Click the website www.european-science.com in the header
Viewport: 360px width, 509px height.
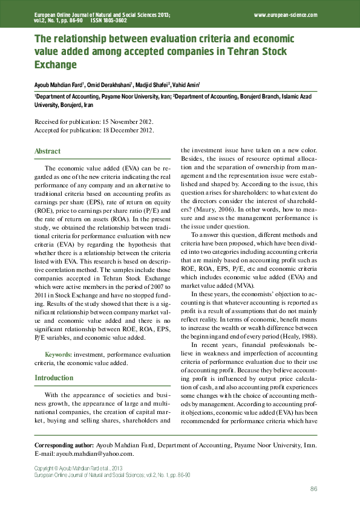click(x=286, y=14)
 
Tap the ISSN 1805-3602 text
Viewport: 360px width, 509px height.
click(x=108, y=20)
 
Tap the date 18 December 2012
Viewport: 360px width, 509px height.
click(x=126, y=129)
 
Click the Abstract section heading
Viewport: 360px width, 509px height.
click(x=48, y=151)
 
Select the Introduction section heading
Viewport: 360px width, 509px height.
click(x=54, y=378)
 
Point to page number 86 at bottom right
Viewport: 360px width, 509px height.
click(x=314, y=488)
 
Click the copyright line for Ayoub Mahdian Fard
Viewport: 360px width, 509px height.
click(x=79, y=468)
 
